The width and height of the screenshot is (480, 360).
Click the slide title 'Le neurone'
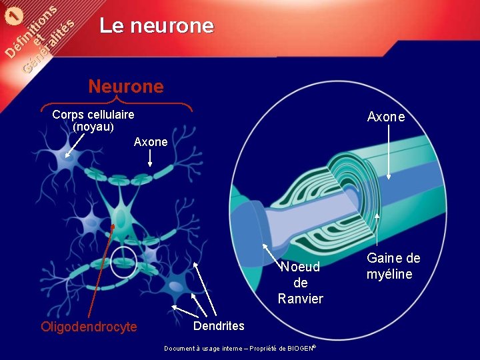pyautogui.click(x=157, y=26)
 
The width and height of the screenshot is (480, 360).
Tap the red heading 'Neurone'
pyautogui.click(x=125, y=87)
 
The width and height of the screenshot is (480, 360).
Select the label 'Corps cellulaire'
pyautogui.click(x=93, y=115)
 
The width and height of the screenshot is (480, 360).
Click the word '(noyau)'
pyautogui.click(x=93, y=127)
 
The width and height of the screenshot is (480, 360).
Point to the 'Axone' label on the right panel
pyautogui.click(x=386, y=117)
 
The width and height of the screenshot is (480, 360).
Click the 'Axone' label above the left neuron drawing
pyautogui.click(x=151, y=142)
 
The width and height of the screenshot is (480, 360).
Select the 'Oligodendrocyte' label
pyautogui.click(x=89, y=327)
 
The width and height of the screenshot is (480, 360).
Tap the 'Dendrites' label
pyautogui.click(x=219, y=326)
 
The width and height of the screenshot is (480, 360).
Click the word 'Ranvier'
pyautogui.click(x=300, y=299)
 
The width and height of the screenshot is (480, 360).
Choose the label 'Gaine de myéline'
pyautogui.click(x=393, y=266)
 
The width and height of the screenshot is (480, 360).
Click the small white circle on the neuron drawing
pyautogui.click(x=124, y=259)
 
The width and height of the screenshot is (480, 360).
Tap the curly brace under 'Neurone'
pyautogui.click(x=117, y=103)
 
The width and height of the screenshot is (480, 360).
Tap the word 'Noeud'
pyautogui.click(x=300, y=267)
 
